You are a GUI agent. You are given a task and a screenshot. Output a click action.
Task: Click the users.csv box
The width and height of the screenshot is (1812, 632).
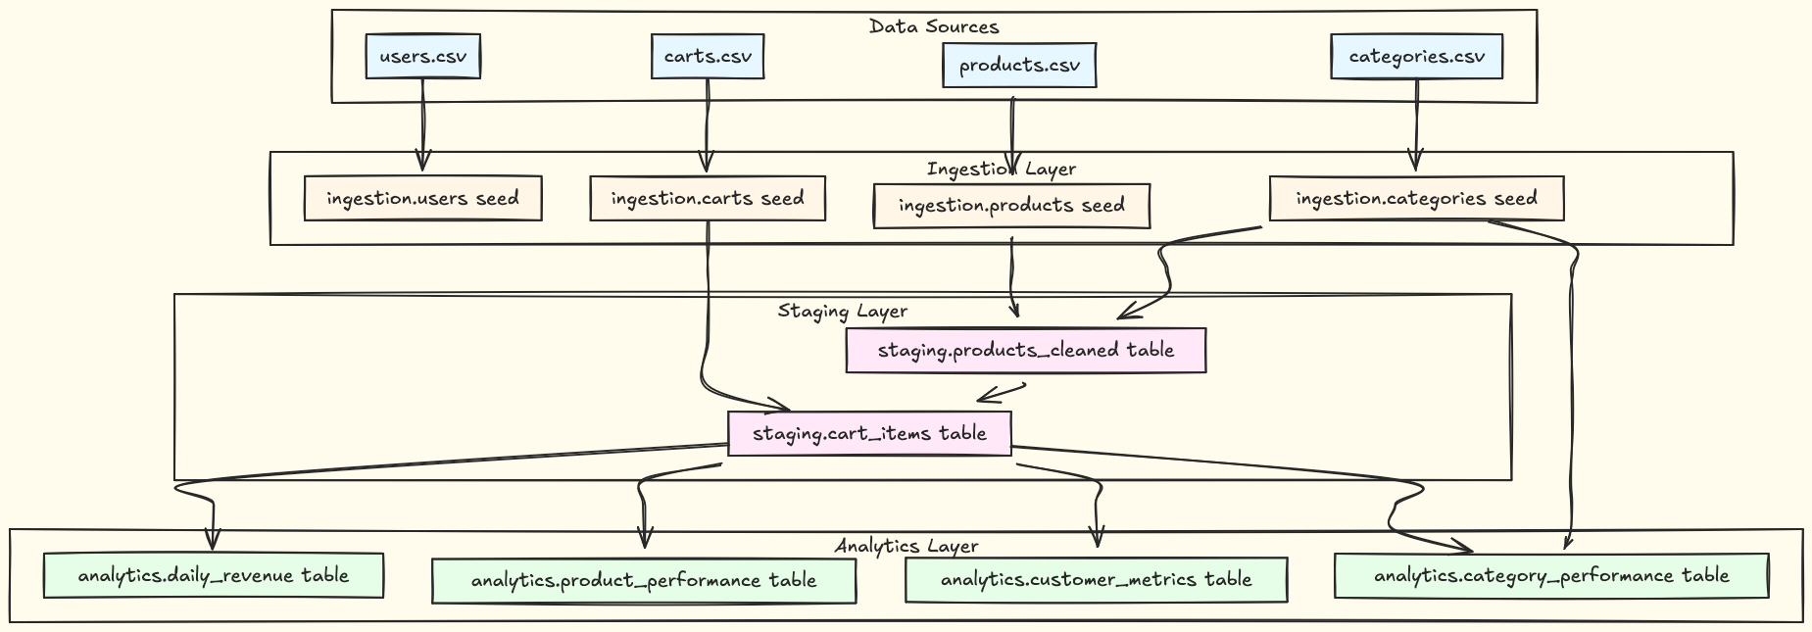422,56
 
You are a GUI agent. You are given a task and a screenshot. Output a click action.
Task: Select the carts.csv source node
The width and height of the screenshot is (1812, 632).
708,56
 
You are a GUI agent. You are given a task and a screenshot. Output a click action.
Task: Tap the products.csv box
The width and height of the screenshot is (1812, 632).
1019,66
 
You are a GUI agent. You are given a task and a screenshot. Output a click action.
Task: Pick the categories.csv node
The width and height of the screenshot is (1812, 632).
1416,56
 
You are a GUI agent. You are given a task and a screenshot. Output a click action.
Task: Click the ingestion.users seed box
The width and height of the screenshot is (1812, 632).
422,199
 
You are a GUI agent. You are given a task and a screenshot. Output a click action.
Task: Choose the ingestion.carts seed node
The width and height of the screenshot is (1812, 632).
708,199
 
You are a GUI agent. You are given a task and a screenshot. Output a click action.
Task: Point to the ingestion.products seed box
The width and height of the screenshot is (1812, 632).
1011,206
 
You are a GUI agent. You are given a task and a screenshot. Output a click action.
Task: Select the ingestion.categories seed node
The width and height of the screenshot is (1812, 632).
1416,199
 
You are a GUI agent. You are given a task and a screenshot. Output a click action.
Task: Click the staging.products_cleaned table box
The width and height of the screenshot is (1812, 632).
1025,350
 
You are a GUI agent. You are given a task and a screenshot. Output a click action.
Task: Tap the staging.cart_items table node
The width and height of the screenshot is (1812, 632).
869,433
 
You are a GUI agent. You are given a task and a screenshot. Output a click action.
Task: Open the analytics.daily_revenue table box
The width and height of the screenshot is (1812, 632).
213,575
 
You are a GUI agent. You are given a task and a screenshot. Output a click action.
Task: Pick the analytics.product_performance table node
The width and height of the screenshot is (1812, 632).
644,580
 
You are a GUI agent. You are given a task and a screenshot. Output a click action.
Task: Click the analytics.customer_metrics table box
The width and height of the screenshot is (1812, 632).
1096,579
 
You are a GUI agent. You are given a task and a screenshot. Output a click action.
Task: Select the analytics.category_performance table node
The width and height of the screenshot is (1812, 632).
1551,575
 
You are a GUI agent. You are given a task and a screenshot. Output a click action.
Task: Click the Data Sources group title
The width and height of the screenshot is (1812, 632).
934,26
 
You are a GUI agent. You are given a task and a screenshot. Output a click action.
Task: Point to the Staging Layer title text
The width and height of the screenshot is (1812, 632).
843,312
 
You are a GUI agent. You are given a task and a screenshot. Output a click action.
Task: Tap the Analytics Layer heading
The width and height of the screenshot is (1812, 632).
906,546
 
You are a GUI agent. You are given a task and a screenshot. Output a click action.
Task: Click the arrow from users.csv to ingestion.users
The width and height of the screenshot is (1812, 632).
422,122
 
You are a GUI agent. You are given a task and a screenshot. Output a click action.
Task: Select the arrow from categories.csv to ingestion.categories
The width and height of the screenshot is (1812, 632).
1416,122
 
